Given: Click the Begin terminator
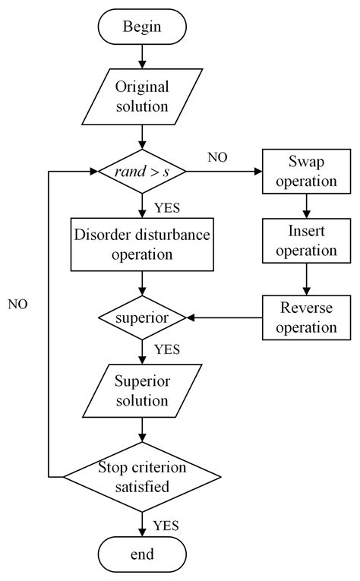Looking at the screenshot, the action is click(142, 27).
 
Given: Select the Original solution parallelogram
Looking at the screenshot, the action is click(142, 96).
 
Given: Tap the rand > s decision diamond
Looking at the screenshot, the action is click(142, 172).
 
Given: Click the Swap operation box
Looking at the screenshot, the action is click(306, 172).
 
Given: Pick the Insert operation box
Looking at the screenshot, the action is click(306, 241).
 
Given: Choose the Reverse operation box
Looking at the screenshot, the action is click(306, 317).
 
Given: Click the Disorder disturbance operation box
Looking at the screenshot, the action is click(142, 245).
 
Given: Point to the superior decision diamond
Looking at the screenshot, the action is click(142, 317).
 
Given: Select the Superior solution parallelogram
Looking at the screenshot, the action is click(142, 391).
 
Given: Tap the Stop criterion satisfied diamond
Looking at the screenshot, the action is click(142, 477).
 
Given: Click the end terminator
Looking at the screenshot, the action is click(142, 554).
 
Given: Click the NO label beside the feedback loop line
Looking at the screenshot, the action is click(17, 305).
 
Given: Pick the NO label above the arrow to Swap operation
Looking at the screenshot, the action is click(217, 157).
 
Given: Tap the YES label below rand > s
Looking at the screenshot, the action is click(167, 208).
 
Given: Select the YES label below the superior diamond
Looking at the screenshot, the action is click(167, 349).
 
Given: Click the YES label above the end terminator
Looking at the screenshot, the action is click(166, 526).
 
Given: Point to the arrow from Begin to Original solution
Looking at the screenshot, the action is click(142, 57).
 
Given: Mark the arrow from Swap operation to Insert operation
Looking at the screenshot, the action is click(306, 206).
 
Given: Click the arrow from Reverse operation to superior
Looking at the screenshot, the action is click(224, 317).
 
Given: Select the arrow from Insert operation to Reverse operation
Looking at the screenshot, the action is click(306, 279).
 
